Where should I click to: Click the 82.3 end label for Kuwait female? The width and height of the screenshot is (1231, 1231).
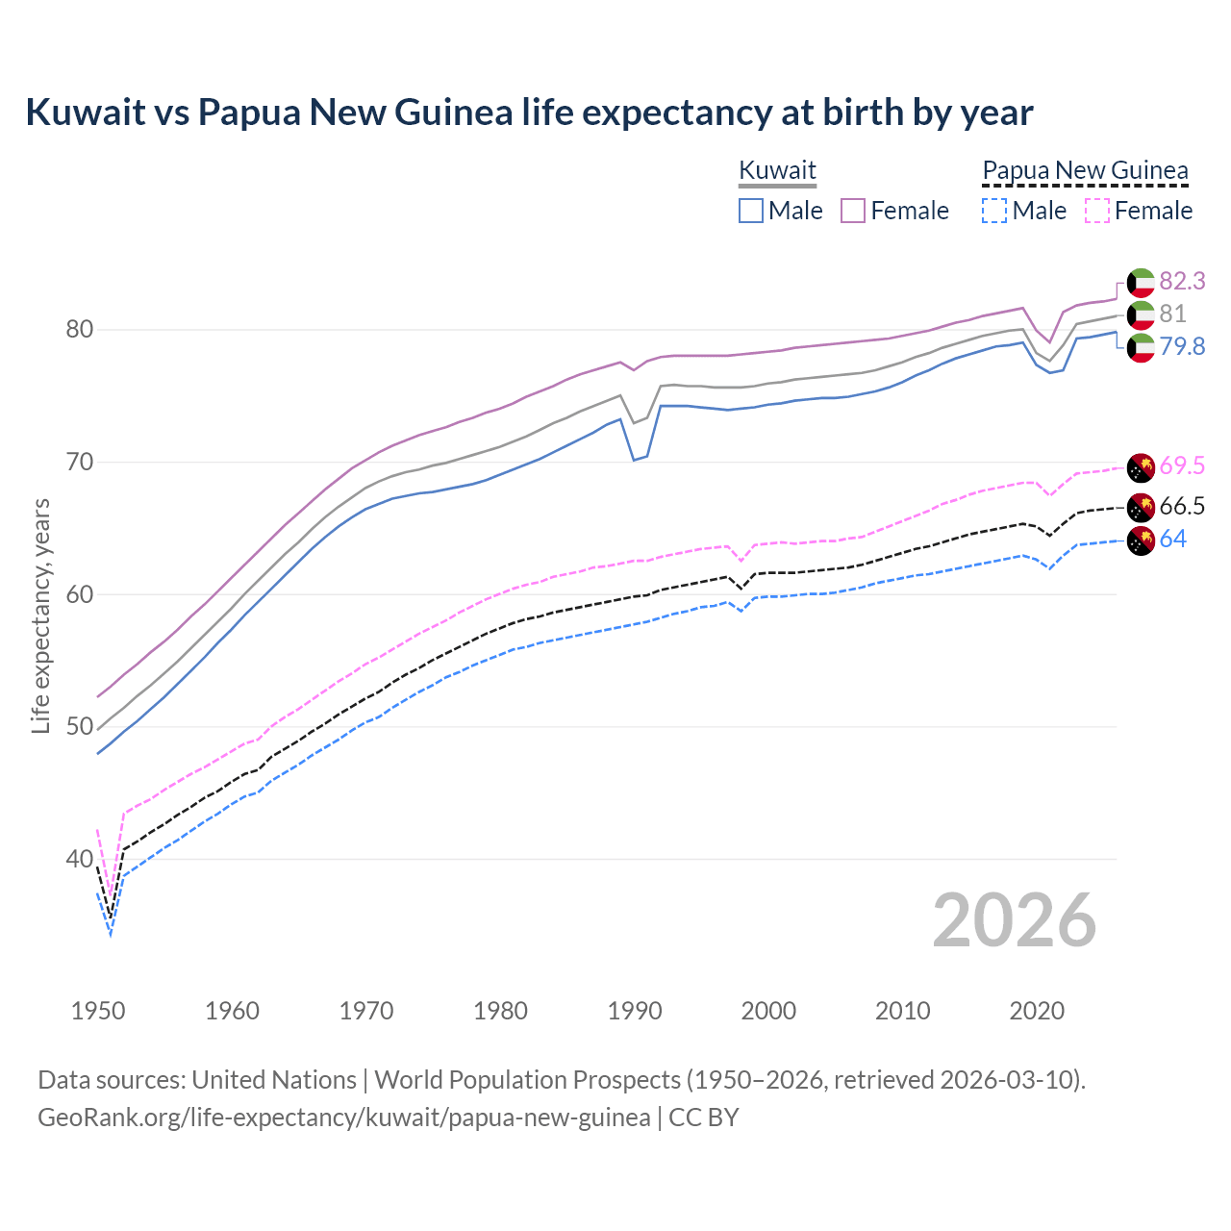click(1182, 281)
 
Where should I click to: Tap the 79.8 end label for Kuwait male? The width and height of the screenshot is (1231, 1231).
click(1182, 346)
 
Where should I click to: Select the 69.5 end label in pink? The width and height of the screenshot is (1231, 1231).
click(1182, 466)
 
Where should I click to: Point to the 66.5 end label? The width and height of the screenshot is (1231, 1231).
click(1182, 507)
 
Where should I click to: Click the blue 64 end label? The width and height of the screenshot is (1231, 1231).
click(1173, 540)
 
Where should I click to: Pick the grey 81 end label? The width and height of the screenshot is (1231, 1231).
click(1172, 314)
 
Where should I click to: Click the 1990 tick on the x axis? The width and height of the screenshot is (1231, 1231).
click(635, 1011)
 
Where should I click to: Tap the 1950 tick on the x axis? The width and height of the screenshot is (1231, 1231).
click(98, 1011)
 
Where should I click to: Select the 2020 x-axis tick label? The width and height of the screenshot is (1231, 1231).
click(1037, 1011)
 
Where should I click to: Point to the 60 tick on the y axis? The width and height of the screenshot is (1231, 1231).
click(79, 594)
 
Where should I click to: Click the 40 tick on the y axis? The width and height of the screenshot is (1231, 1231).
click(79, 859)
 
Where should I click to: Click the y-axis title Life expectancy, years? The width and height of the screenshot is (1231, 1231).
click(41, 615)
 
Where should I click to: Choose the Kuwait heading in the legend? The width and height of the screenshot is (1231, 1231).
click(777, 170)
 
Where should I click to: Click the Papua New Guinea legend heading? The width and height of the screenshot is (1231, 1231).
click(1085, 170)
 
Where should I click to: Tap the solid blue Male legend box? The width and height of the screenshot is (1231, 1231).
click(751, 211)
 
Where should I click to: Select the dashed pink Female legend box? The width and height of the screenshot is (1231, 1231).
click(1096, 211)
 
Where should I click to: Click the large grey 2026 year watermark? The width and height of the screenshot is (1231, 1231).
click(1015, 920)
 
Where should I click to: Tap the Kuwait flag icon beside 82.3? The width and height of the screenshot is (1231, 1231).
click(1141, 282)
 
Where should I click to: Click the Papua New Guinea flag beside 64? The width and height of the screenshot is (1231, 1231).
click(1141, 540)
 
